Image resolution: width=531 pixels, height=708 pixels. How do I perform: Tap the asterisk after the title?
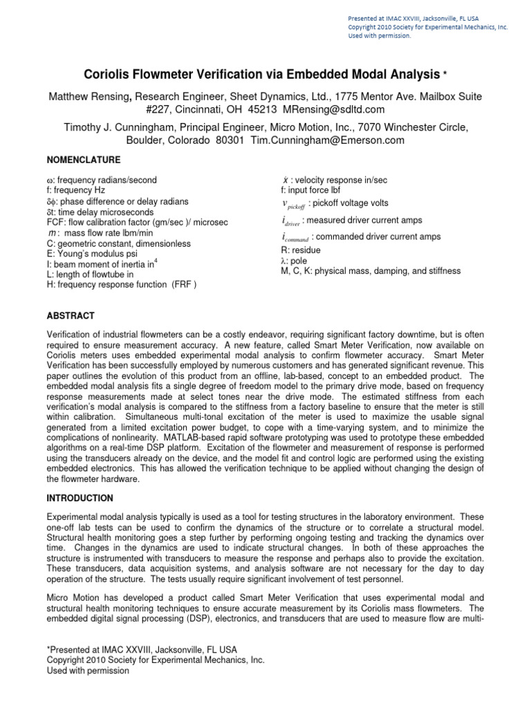click(x=445, y=73)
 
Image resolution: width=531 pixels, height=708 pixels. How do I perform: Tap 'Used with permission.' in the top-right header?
click(x=379, y=37)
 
